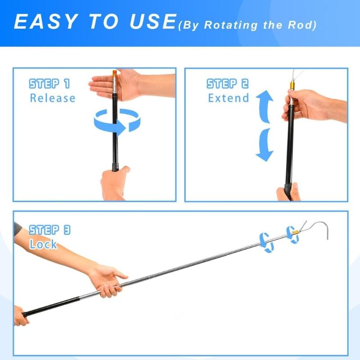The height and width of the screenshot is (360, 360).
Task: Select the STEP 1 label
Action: (x=49, y=84)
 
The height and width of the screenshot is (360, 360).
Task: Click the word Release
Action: (x=52, y=98)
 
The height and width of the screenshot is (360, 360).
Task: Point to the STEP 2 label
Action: (x=227, y=84)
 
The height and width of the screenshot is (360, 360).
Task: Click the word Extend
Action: (x=228, y=98)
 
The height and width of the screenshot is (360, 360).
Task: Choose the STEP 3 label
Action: (x=49, y=230)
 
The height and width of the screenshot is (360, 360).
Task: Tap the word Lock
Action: (x=43, y=244)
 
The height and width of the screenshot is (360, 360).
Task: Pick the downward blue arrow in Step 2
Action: (x=265, y=145)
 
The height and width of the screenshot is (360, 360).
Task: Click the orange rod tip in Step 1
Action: (x=114, y=73)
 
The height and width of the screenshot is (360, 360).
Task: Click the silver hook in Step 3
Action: (x=317, y=229)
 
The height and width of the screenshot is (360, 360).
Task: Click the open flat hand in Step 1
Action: (x=108, y=84)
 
